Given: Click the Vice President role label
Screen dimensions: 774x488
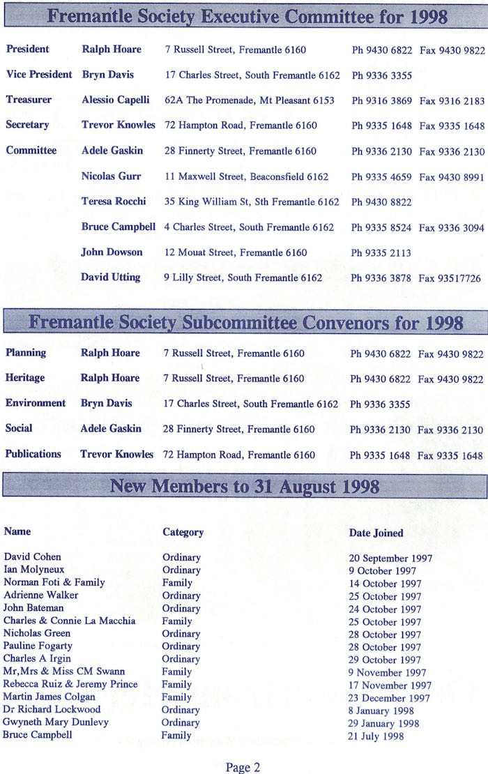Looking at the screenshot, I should click(39, 75).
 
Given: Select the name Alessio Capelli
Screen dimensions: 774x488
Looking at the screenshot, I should click(116, 100).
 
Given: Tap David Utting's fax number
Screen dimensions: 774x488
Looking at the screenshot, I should click(450, 278).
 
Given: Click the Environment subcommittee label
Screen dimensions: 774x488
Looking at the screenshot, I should click(36, 403).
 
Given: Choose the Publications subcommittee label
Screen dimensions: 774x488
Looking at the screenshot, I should click(33, 454).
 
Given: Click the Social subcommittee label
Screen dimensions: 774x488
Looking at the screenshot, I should click(19, 428).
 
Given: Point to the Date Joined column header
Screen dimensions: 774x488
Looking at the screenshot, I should click(376, 533).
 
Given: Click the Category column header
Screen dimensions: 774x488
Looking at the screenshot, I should click(183, 532).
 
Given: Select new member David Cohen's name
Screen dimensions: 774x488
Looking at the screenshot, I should click(32, 557).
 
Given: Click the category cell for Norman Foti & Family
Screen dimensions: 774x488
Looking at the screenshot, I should click(177, 583).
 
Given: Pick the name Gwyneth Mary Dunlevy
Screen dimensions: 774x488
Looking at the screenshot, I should click(56, 722).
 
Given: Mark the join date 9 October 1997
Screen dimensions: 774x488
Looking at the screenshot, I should click(382, 570).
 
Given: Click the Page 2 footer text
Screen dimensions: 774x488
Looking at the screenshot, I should click(243, 767).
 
